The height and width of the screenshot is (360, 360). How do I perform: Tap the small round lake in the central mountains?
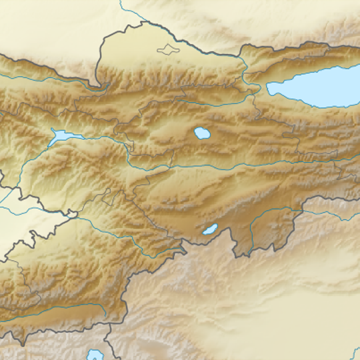(201, 133)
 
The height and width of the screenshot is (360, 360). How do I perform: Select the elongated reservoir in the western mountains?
(61, 136)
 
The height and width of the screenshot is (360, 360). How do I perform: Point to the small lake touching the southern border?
(210, 231)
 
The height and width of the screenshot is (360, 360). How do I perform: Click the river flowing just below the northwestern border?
(40, 78)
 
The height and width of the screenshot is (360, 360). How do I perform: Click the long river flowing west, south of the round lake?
(200, 167)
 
